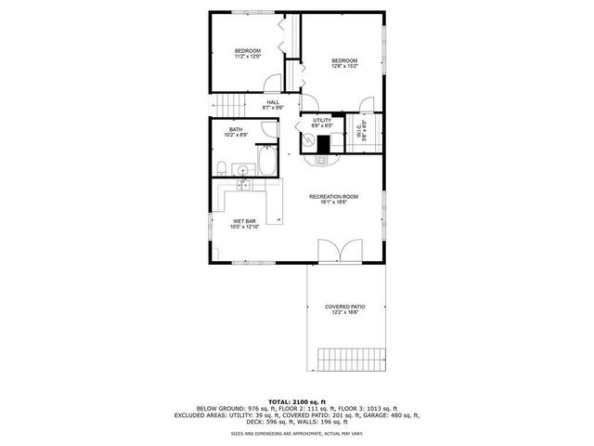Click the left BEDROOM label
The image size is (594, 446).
[x=247, y=50]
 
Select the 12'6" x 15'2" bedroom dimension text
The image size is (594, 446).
[x=345, y=67]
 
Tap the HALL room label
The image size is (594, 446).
[x=273, y=102]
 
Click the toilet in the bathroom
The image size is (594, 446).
[x=224, y=166]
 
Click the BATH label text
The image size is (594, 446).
[x=236, y=130]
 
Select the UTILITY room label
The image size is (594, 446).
[x=322, y=121]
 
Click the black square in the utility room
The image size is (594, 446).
[x=325, y=144]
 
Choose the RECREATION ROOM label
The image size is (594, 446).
[x=334, y=197]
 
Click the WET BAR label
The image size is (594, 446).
[x=244, y=221]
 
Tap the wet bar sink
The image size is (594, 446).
[x=243, y=186]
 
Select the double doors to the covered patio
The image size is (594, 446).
[x=335, y=251]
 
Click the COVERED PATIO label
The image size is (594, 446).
[x=345, y=307]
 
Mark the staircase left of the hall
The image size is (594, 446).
[x=228, y=105]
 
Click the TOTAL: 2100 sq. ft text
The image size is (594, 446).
[x=296, y=400]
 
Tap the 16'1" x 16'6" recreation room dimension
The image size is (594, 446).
[x=334, y=203]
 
